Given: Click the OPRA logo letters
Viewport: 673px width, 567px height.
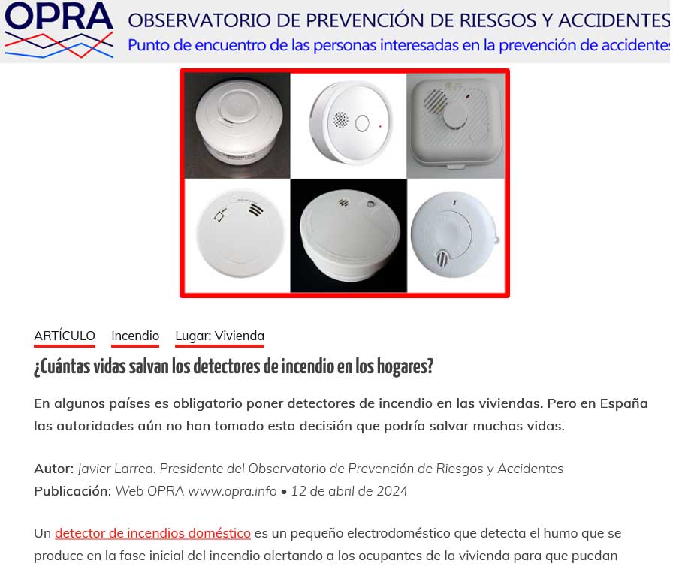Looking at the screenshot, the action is [59, 17].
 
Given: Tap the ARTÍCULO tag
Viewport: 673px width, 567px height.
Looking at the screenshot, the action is [65, 336].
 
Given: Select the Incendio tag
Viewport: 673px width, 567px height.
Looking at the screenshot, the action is [135, 336].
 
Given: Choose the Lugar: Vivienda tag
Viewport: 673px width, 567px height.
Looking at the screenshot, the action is [220, 336].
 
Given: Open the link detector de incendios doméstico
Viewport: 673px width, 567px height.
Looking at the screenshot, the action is [152, 533].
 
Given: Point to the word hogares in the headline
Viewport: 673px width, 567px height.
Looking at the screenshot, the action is [405, 366].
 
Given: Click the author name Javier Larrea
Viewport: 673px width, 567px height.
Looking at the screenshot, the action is [116, 469].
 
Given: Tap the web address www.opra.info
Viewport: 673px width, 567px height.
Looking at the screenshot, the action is [232, 491].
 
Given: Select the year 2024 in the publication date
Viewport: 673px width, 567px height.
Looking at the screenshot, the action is [392, 490].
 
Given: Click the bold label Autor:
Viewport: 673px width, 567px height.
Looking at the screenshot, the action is [53, 469].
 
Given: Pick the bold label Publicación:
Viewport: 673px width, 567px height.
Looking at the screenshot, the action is [73, 491].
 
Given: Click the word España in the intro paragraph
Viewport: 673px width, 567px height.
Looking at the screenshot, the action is [623, 403].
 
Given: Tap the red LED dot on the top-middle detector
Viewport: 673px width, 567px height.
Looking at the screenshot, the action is [380, 127].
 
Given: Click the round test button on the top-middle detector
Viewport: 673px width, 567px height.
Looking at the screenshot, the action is [362, 124].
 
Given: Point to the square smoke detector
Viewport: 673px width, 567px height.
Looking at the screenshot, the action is [456, 124].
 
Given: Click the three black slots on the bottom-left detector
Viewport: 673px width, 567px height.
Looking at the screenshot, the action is [255, 210].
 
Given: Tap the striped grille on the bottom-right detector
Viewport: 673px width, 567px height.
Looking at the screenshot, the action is [442, 258].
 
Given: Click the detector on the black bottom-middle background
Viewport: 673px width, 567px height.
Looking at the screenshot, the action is [349, 235].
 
